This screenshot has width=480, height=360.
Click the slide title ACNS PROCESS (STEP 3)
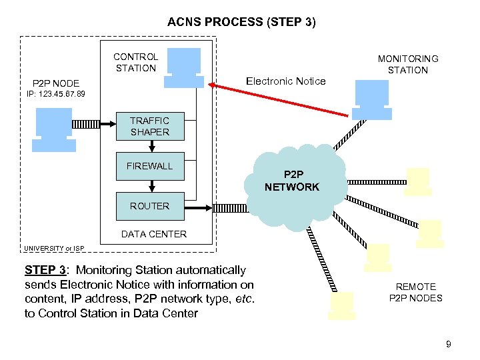pos(241,22)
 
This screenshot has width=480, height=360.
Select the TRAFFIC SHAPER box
pos(149,126)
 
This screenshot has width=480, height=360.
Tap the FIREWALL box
pos(149,166)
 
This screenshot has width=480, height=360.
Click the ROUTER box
pos(149,206)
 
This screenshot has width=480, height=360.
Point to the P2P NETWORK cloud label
pos(292,181)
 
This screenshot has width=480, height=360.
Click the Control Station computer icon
pos(185,65)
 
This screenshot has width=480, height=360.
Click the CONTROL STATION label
pos(135,62)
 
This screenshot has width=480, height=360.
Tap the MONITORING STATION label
pos(408,64)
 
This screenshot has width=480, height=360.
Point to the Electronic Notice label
pos(285,81)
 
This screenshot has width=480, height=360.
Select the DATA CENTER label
pos(153,234)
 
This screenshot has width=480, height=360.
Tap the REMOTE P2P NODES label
pos(415,292)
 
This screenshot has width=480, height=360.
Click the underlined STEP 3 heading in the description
pos(45,270)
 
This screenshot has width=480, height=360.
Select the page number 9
pos(449,344)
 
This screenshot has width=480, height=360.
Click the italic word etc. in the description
pos(244,299)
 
